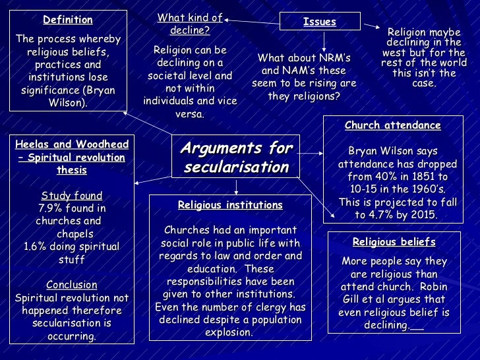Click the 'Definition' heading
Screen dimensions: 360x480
[68, 20]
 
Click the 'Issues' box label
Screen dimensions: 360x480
[320, 22]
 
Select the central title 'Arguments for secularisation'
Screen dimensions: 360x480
[237, 157]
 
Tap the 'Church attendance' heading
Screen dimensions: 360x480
[393, 125]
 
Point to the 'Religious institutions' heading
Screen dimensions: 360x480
[230, 205]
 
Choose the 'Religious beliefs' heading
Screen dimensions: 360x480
[394, 242]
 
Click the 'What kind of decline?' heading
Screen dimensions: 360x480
[189, 24]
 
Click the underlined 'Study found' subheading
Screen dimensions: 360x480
[72, 196]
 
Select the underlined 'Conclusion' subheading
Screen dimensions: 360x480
[72, 285]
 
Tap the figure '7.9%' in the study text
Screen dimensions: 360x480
[53, 208]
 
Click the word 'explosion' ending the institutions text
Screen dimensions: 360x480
[229, 332]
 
